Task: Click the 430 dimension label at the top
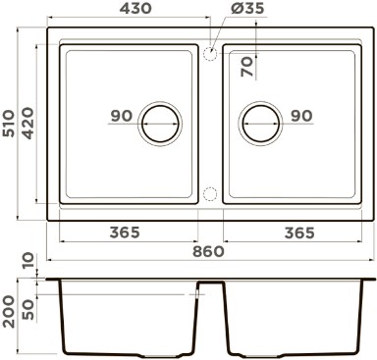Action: pyautogui.click(x=135, y=9)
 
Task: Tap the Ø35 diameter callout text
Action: pyautogui.click(x=247, y=9)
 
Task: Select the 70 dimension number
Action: pyautogui.click(x=246, y=67)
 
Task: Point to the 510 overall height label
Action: pyautogui.click(x=8, y=124)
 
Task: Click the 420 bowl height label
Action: pyautogui.click(x=27, y=124)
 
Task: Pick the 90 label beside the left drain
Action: pyautogui.click(x=122, y=116)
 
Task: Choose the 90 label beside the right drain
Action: pyautogui.click(x=301, y=116)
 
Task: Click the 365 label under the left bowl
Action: pyautogui.click(x=125, y=232)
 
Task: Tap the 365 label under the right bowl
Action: pyautogui.click(x=299, y=232)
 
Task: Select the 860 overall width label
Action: pyautogui.click(x=208, y=252)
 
